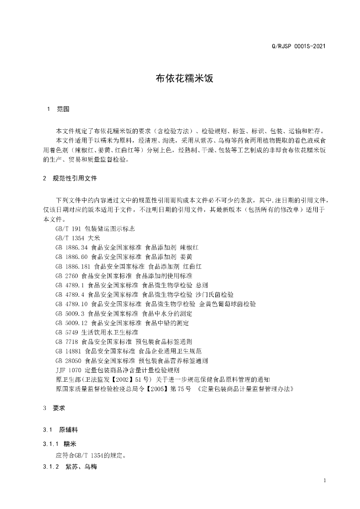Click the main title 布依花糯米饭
point(180,78)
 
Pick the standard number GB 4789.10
point(72,303)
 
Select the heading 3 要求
point(55,408)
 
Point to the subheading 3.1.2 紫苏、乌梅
point(70,467)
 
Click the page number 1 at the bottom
point(324,481)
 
